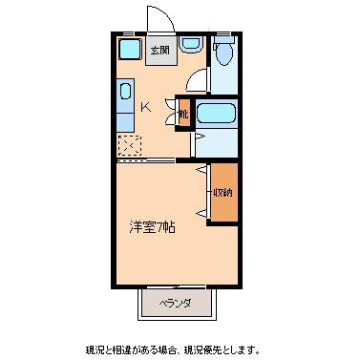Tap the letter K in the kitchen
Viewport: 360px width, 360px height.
(145, 107)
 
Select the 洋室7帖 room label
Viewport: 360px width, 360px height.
(153, 227)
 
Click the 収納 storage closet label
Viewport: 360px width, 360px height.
(222, 192)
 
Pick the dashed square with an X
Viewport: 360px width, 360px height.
(128, 144)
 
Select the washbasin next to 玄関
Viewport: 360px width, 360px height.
(189, 44)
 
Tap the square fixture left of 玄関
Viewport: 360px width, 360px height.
(129, 50)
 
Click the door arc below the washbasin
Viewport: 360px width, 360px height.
(198, 81)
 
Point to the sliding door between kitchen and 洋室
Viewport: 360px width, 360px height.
(145, 159)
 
